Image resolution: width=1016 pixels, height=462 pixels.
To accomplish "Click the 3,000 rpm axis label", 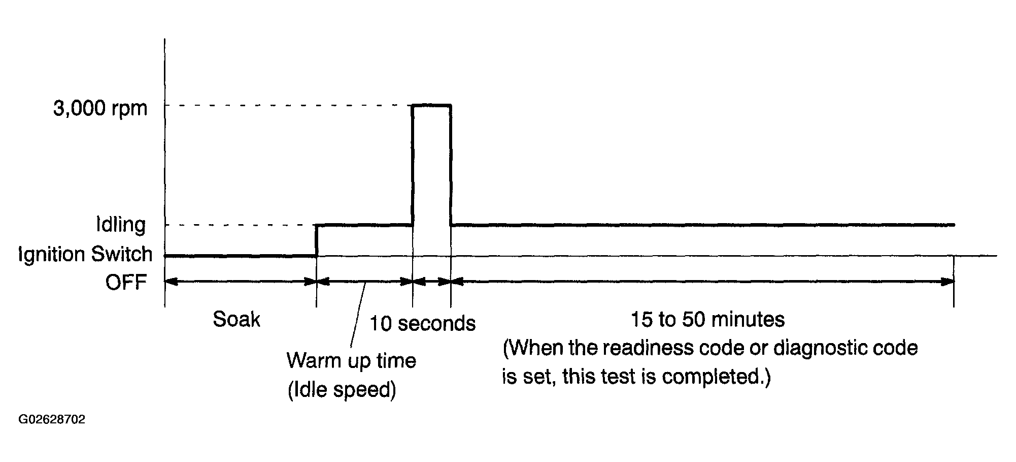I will [100, 108].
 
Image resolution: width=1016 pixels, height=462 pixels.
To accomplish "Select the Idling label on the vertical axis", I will [121, 225].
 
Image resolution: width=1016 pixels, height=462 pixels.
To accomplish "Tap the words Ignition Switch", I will [85, 254].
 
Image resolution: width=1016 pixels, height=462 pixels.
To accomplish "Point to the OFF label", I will [126, 282].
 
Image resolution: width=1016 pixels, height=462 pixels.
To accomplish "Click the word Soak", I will [236, 320].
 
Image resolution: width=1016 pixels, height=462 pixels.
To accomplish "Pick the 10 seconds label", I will [422, 323].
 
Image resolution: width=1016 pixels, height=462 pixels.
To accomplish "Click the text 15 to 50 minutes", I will [707, 320].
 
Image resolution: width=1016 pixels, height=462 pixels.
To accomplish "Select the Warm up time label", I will [351, 361].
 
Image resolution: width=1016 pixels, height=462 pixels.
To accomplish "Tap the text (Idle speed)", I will [342, 390].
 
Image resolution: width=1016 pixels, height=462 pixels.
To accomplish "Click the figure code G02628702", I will [52, 420].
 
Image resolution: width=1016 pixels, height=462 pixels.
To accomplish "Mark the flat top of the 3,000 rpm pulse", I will [431, 105].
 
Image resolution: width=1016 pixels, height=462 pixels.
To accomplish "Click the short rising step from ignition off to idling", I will [316, 240].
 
